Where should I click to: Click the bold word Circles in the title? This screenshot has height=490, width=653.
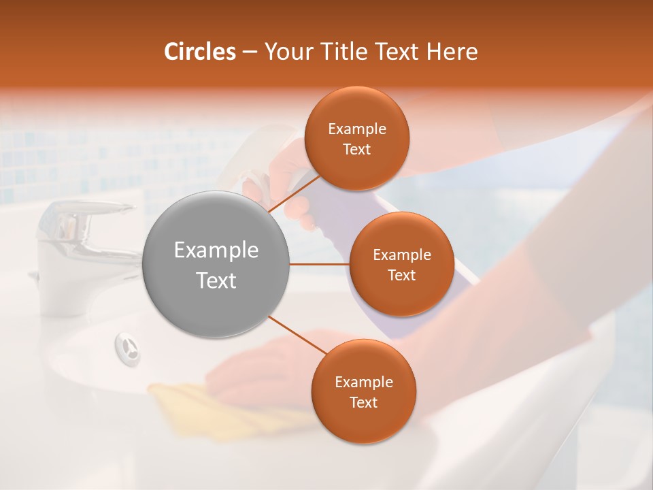click(x=199, y=52)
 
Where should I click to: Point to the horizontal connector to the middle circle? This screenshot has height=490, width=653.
click(x=320, y=264)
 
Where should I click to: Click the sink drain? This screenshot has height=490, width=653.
click(x=127, y=345)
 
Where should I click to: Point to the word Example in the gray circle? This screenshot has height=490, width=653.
click(x=216, y=250)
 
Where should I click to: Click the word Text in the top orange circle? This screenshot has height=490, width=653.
click(x=356, y=150)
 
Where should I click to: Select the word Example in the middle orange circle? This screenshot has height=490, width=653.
click(x=401, y=255)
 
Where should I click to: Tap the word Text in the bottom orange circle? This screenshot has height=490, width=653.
click(x=363, y=403)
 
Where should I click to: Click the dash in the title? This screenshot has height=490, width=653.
click(x=250, y=52)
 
